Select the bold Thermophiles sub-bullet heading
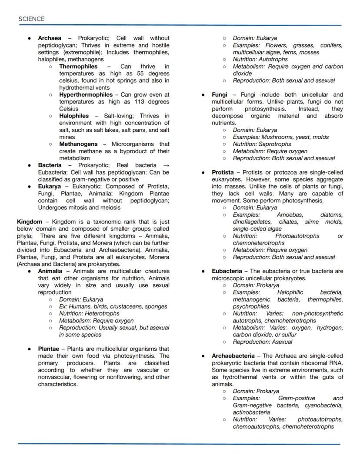point(78,67)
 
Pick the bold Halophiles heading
point(73,116)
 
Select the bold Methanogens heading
point(78,144)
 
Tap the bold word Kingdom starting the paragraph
point(30,221)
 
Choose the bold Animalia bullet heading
point(50,271)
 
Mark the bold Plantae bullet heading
point(49,349)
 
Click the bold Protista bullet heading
point(223,172)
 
